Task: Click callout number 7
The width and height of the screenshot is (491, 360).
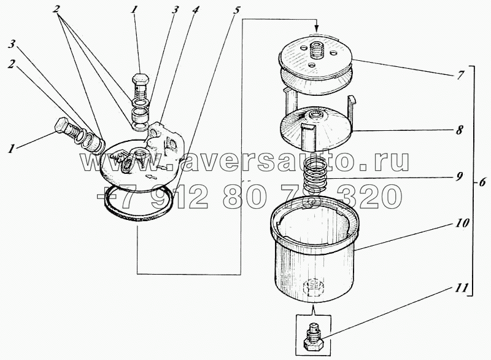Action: click(x=460, y=76)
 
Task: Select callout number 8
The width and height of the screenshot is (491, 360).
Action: click(x=459, y=130)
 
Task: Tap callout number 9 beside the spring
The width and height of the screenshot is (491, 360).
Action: click(x=459, y=177)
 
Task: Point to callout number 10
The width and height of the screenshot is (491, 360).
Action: click(x=462, y=224)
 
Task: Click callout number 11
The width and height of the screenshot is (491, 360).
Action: click(x=462, y=288)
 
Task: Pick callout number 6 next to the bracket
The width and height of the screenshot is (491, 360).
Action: click(x=482, y=182)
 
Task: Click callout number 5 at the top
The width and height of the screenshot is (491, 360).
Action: click(x=237, y=10)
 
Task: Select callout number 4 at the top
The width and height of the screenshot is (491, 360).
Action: click(x=195, y=10)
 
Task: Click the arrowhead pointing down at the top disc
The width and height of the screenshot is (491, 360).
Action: click(x=317, y=26)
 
